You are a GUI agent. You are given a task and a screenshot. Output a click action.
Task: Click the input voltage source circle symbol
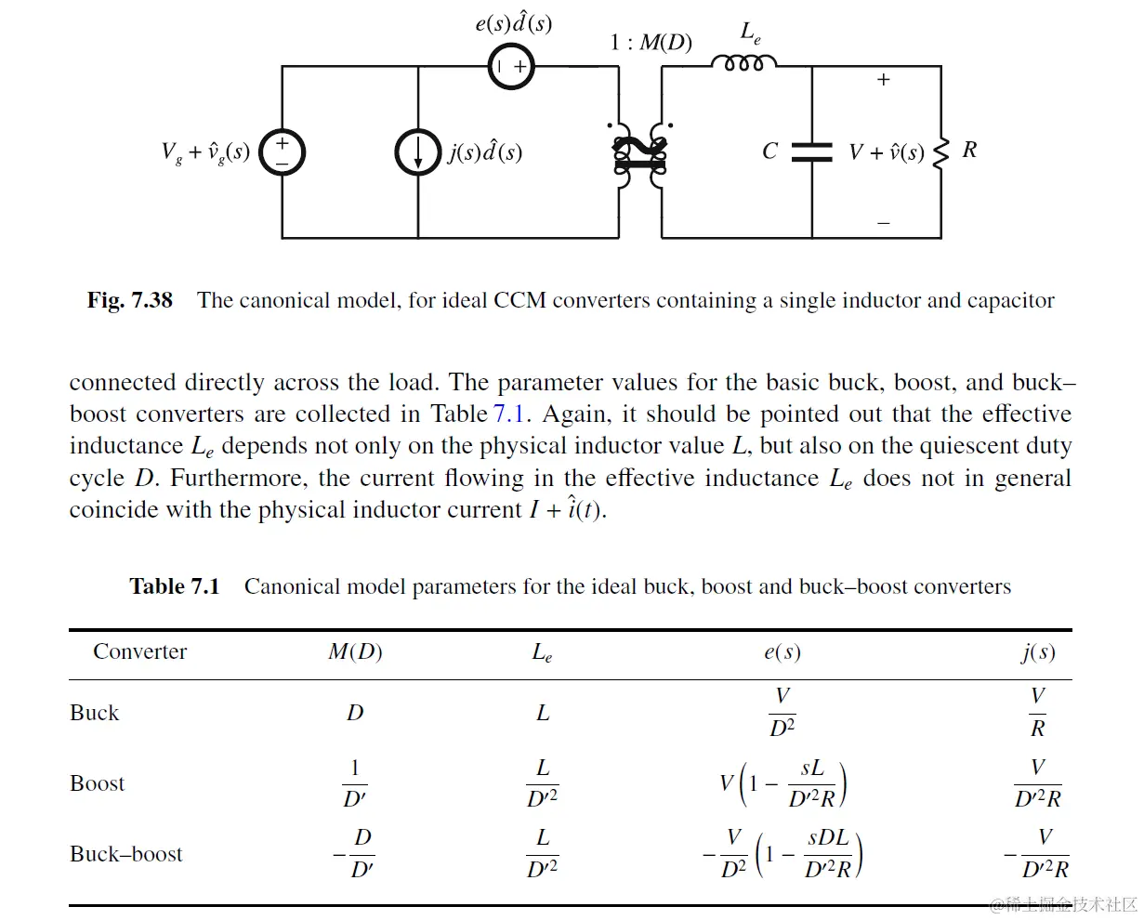point(282,152)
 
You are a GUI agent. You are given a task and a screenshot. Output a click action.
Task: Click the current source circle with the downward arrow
point(417,152)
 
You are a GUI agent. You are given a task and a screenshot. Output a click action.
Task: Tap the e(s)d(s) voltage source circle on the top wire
point(511,66)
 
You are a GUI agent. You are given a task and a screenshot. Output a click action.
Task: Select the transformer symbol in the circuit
point(640,154)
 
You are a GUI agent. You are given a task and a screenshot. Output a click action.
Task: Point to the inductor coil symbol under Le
point(743,63)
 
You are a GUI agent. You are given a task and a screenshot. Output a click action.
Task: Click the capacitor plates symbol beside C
point(811,152)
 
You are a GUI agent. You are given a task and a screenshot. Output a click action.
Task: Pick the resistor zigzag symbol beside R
point(940,152)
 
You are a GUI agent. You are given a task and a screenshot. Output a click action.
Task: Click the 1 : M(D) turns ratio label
point(651,43)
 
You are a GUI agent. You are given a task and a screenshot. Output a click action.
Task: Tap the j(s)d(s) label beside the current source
point(484,151)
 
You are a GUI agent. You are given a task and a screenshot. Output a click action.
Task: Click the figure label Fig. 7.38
point(130,300)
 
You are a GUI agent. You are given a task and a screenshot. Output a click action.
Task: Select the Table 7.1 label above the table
point(175,586)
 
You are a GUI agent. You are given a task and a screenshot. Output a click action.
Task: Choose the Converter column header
point(139,651)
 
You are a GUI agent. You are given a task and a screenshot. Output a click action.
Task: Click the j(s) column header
point(1037,651)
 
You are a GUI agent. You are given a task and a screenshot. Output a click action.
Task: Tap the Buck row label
point(95,713)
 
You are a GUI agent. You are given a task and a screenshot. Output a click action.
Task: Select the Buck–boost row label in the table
point(126,854)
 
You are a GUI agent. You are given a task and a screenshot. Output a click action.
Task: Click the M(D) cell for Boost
point(355,783)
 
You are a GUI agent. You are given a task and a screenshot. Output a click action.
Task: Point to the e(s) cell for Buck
point(782,713)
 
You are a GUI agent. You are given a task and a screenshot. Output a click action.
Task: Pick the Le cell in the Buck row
point(543,713)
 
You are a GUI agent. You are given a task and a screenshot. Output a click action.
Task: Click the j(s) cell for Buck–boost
point(1037,854)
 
